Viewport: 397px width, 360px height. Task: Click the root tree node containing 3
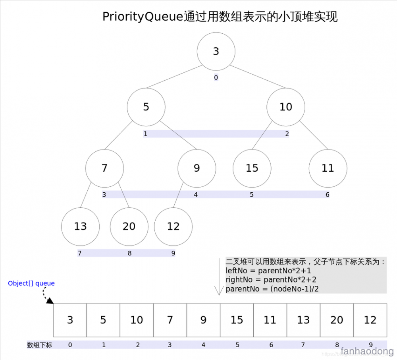(216, 52)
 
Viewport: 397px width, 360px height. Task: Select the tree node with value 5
(146, 107)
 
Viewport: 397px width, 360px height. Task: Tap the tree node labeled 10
(285, 107)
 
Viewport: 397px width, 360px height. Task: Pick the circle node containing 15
(252, 168)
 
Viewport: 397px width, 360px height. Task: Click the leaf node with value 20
(129, 226)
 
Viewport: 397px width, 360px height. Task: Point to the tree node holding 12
(173, 226)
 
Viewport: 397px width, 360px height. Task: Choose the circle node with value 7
(104, 168)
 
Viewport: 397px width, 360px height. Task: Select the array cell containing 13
(303, 320)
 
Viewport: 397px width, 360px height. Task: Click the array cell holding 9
(203, 320)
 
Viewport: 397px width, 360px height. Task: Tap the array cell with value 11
(270, 320)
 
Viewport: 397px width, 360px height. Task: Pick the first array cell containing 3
(70, 320)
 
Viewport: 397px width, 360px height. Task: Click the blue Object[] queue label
(31, 283)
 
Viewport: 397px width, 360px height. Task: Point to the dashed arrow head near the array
(50, 301)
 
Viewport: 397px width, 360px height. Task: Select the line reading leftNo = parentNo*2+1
(268, 271)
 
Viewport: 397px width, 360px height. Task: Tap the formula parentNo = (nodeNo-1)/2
(272, 289)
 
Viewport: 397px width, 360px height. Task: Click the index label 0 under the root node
(216, 78)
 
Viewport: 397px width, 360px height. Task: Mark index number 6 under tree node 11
(327, 195)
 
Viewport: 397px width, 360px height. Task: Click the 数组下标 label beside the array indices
(39, 345)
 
